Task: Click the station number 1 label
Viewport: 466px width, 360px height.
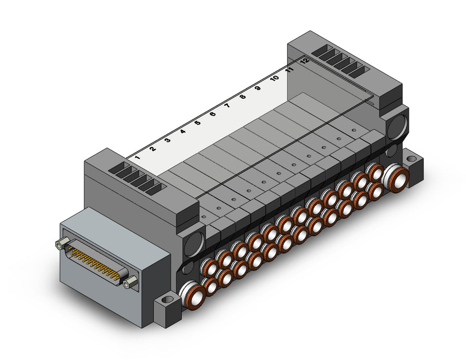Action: coord(137,157)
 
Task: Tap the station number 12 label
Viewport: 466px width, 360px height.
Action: coord(304,61)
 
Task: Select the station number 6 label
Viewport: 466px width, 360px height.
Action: coord(212,114)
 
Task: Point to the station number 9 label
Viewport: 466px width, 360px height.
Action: coord(258,88)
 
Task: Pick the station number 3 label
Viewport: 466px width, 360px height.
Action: coord(168,140)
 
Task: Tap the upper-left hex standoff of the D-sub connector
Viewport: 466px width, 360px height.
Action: coord(60,243)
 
